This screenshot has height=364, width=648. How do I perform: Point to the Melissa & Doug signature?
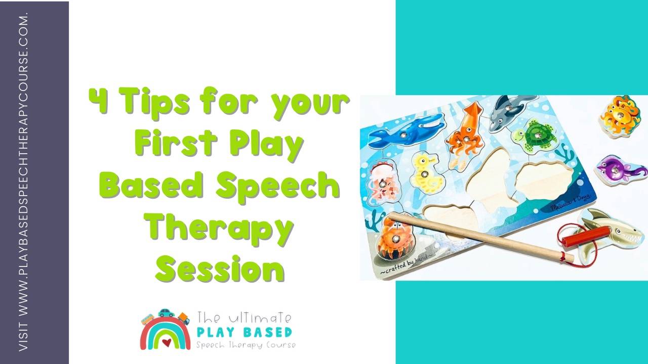570,205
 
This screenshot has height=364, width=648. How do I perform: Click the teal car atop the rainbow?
166,313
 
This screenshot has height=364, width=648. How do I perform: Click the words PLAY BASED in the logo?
245,332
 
